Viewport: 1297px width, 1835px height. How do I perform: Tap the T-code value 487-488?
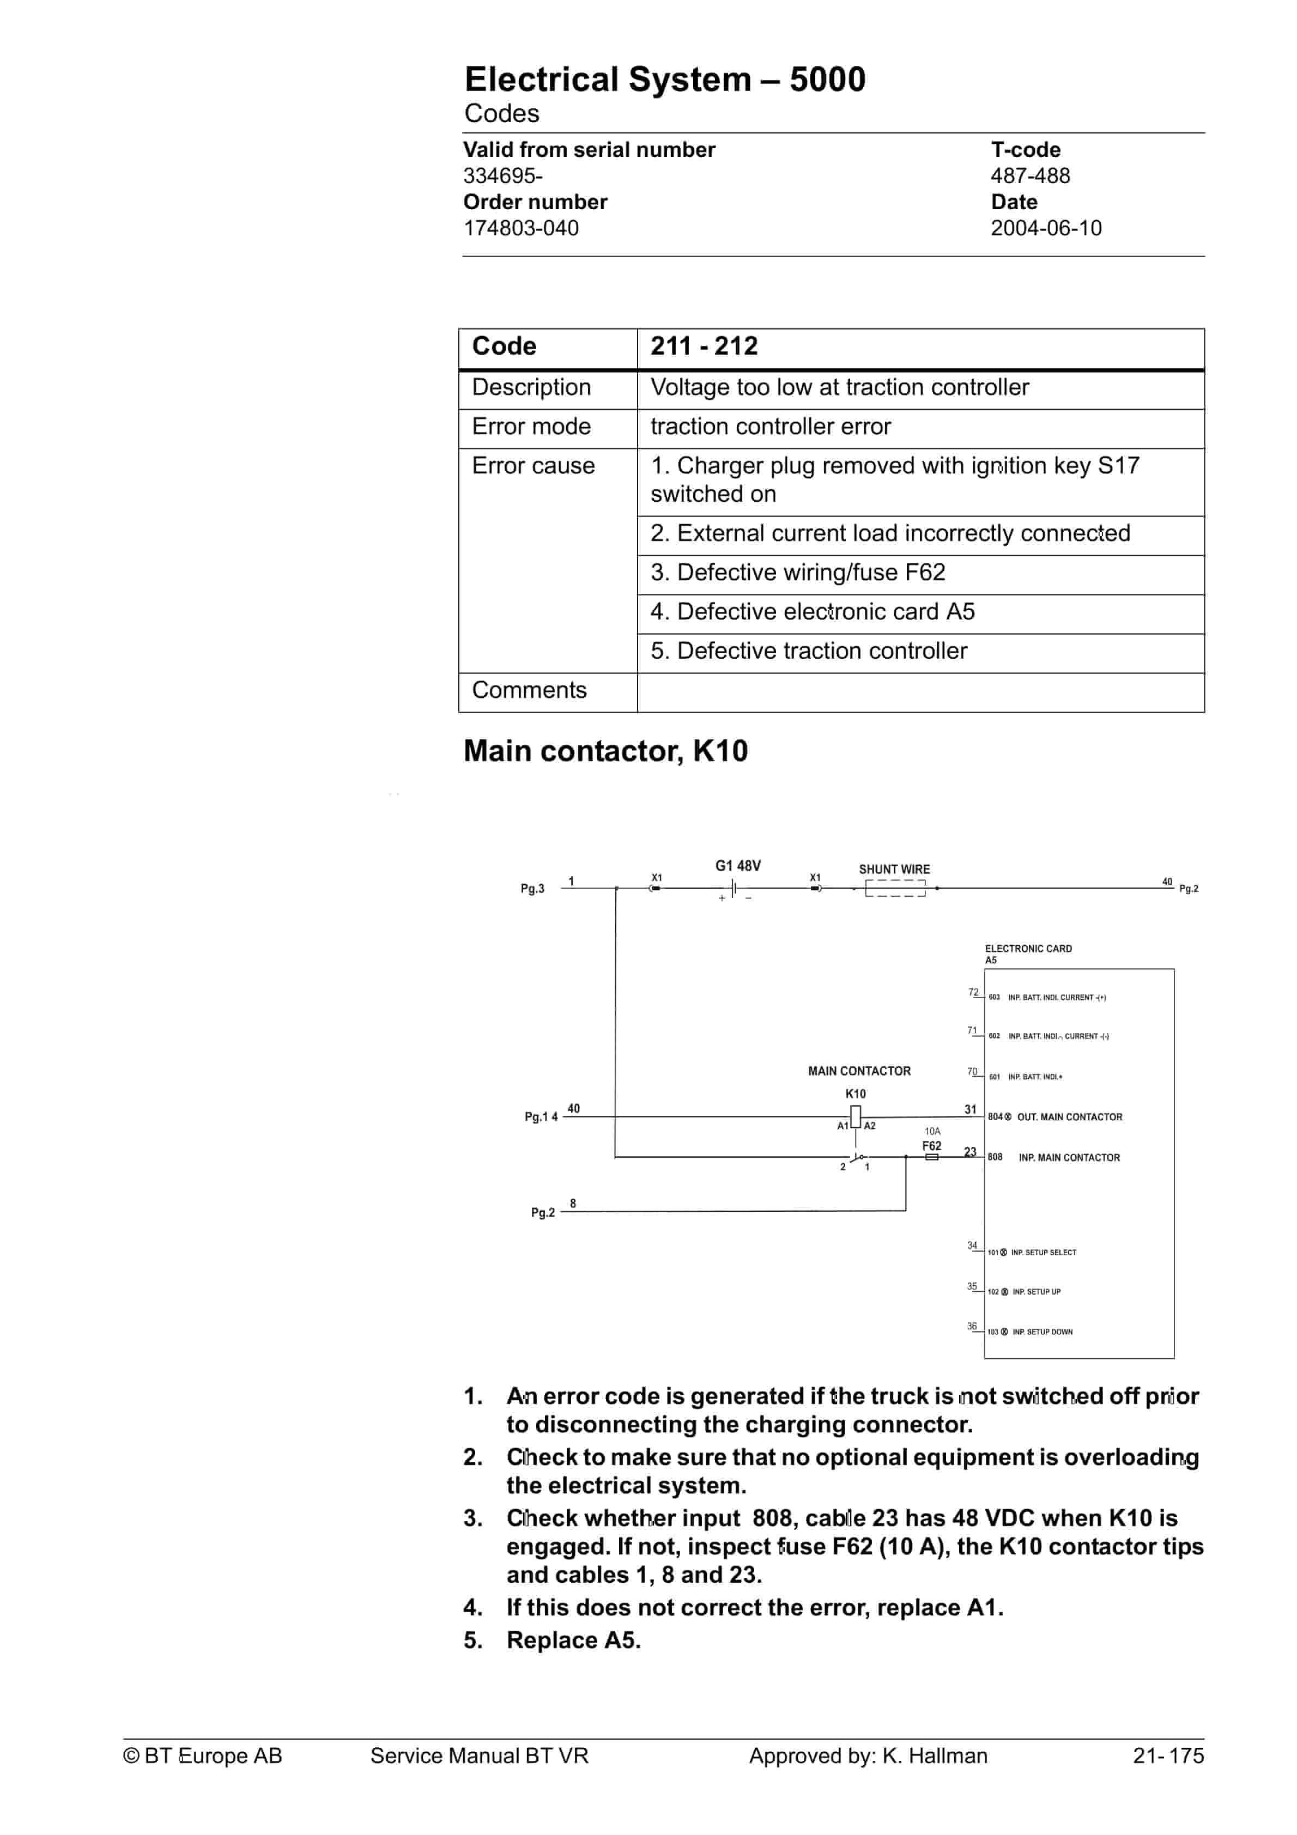click(x=1030, y=176)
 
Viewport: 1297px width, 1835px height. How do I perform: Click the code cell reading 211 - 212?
click(x=704, y=346)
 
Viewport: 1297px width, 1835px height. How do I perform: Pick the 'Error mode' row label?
click(x=531, y=427)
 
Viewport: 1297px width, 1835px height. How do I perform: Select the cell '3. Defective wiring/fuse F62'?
click(x=797, y=572)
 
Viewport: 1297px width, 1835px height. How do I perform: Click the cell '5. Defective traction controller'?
click(x=808, y=651)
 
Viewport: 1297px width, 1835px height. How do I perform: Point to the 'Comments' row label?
click(x=529, y=690)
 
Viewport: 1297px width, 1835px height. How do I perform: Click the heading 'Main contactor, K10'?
click(x=605, y=751)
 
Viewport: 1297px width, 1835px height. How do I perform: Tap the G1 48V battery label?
click(x=737, y=866)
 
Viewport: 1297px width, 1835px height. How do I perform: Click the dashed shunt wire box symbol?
click(x=895, y=889)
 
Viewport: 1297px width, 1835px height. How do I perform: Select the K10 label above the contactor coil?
click(x=855, y=1093)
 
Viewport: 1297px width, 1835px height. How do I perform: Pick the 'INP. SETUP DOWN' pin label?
click(x=1042, y=1332)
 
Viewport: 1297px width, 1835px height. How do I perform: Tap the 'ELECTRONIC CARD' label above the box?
click(x=1028, y=949)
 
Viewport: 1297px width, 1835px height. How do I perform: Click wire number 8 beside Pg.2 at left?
click(x=573, y=1203)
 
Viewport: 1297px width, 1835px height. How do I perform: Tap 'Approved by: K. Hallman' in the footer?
click(x=868, y=1756)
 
